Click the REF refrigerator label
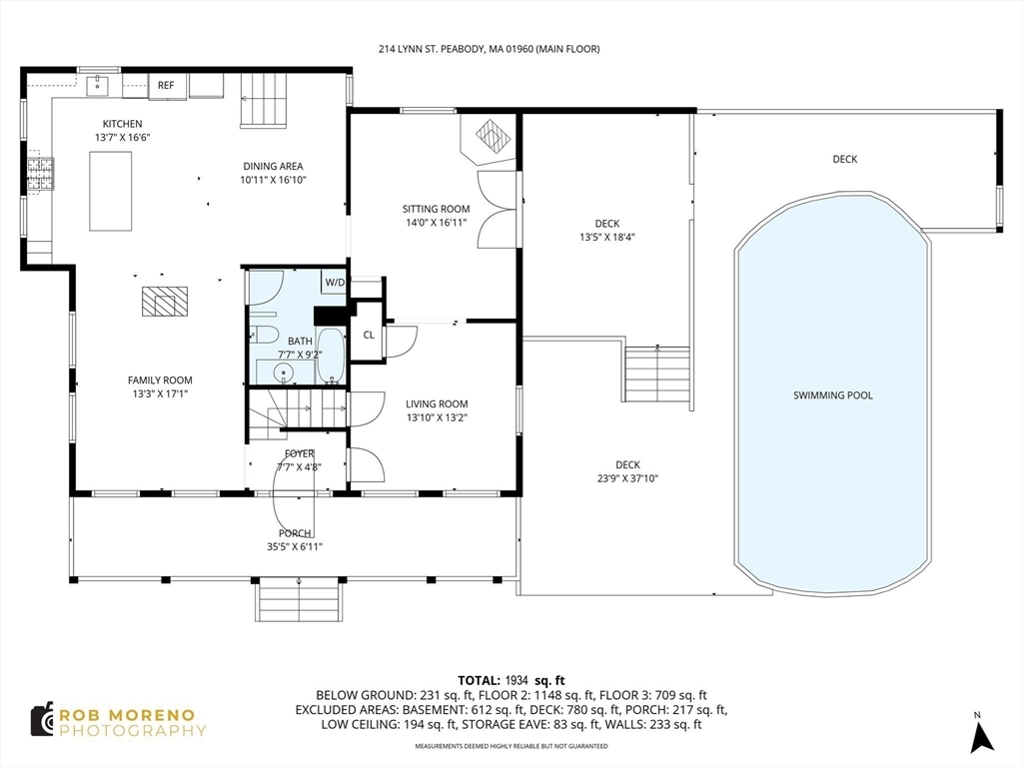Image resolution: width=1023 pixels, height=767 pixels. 166,86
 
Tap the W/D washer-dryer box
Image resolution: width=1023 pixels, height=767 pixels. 335,283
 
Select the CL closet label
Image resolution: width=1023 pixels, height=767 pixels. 369,335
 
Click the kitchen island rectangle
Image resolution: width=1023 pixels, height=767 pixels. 110,191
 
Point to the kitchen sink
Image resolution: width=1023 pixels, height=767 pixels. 97,85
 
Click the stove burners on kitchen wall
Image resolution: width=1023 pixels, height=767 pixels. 40,175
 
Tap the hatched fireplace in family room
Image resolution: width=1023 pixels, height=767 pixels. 165,302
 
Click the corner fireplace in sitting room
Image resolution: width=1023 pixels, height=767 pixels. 494,137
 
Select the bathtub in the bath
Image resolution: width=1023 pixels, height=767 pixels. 332,357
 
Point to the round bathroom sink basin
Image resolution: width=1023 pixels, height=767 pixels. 283,374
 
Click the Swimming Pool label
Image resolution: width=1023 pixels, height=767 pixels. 832,395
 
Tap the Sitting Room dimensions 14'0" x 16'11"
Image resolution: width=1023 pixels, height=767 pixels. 436,223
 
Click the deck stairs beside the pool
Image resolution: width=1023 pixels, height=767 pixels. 657,376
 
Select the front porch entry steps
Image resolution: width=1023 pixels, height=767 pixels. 298,599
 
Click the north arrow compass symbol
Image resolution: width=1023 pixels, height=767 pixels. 981,735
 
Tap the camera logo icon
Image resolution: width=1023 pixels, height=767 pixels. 42,720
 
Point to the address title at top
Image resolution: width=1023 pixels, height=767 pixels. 489,49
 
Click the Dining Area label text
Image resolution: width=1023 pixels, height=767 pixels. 273,167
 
